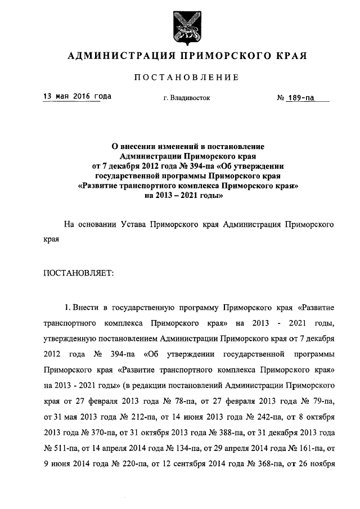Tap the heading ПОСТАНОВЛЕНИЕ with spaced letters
(x=179, y=77)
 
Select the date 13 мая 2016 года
(x=77, y=96)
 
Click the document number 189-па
(x=300, y=98)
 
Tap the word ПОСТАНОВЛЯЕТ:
(x=79, y=273)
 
